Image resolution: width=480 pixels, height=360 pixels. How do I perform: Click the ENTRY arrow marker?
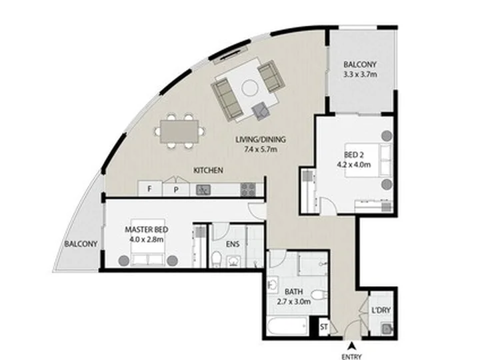pos(352,345)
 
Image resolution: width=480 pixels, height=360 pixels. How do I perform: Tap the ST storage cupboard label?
pos(324,327)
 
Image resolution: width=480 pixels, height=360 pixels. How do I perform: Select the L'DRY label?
pos(381,310)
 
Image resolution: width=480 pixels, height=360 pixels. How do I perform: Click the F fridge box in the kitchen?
pos(150,189)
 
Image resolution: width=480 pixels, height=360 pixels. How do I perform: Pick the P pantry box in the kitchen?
pos(176,190)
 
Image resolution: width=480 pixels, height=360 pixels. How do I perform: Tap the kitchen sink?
pos(203,190)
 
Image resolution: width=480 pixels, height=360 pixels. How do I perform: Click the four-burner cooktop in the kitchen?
pos(247,189)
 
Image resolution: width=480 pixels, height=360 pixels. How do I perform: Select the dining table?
pos(179,131)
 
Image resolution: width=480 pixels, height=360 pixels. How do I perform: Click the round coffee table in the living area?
pos(250,88)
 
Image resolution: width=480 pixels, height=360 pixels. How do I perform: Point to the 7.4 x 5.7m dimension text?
pos(261,149)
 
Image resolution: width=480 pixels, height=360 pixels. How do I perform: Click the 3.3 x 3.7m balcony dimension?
pos(360,75)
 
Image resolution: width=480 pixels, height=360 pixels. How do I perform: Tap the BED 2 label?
pos(354,155)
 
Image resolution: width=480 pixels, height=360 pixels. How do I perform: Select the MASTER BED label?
pos(146,229)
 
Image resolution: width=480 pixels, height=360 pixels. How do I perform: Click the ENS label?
pos(233,244)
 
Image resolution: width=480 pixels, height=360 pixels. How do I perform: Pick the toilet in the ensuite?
pos(217,259)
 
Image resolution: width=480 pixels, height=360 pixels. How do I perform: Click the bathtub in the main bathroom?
pos(287,326)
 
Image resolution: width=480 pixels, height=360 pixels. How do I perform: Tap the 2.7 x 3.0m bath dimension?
pos(294,302)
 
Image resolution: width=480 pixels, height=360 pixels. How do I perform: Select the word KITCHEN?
pos(208,170)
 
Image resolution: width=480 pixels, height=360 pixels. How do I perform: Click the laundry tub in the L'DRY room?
pos(387,329)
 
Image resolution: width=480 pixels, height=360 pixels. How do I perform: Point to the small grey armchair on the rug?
pos(261,111)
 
